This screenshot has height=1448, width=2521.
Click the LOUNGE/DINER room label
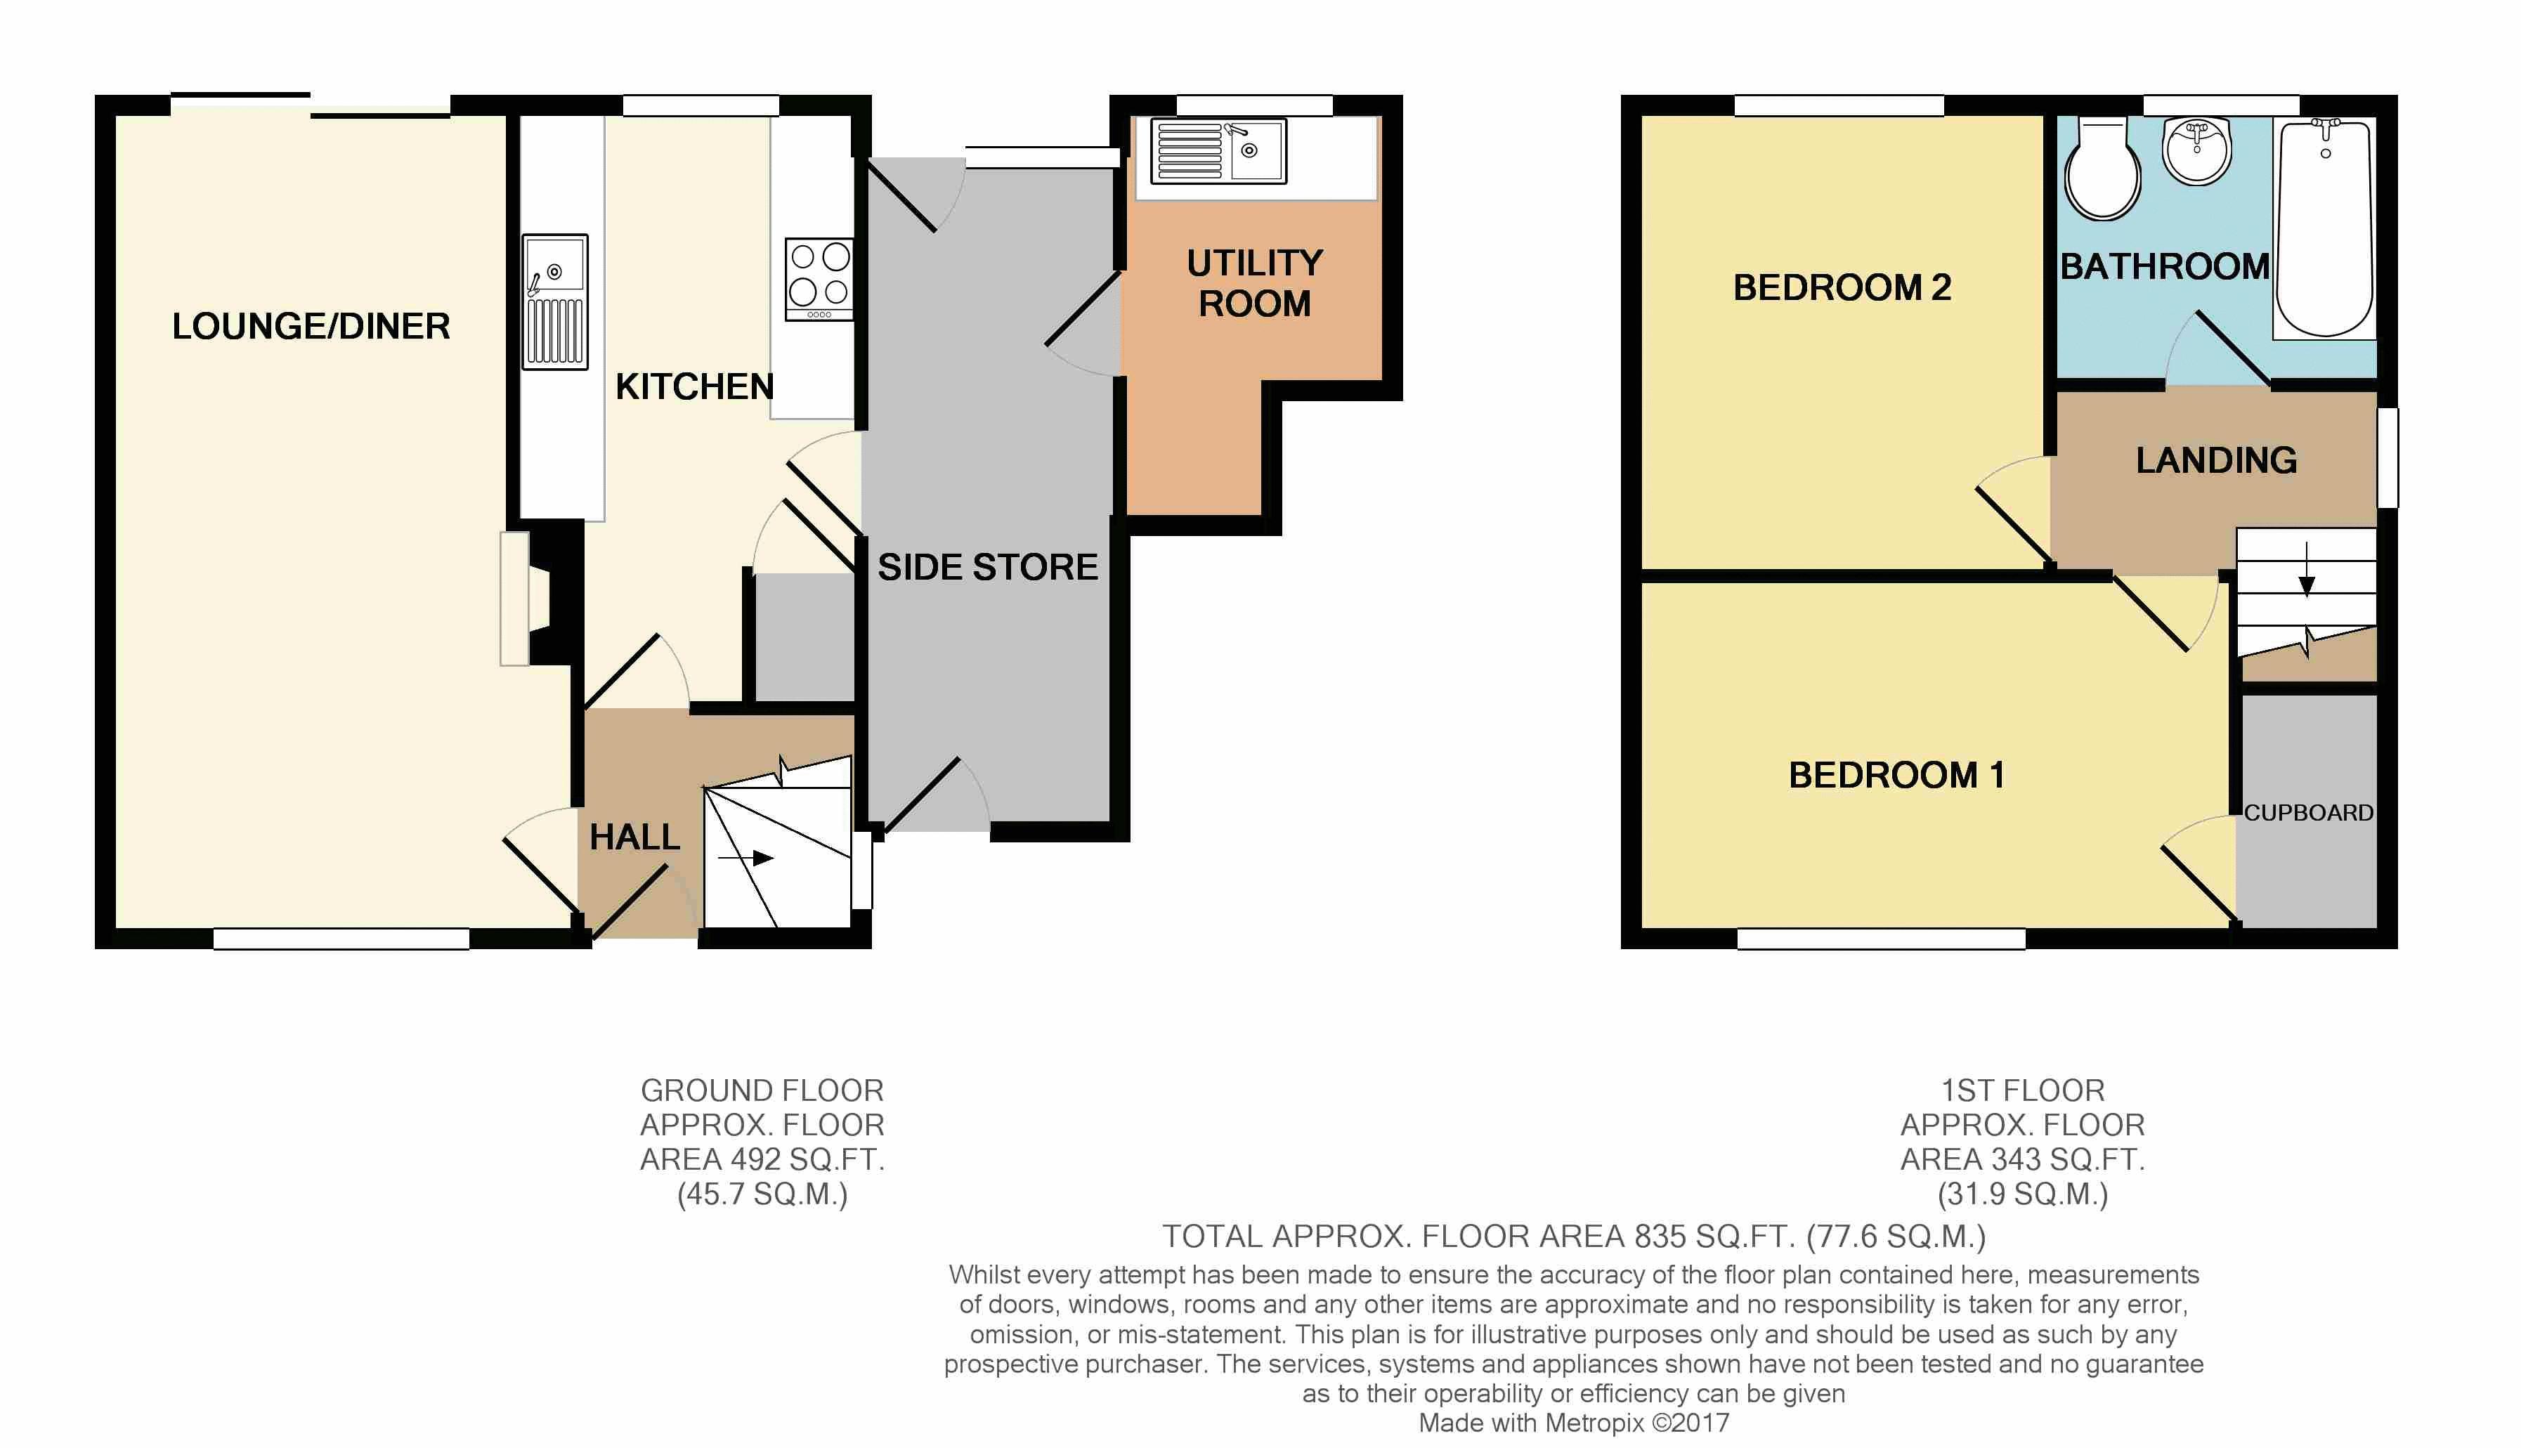pyautogui.click(x=311, y=326)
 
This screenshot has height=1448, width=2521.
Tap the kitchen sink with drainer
pyautogui.click(x=556, y=302)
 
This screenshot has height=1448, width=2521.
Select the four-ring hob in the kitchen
pyautogui.click(x=819, y=280)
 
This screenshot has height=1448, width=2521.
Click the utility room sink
pyautogui.click(x=1218, y=151)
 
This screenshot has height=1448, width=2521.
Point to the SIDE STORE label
pyautogui.click(x=987, y=567)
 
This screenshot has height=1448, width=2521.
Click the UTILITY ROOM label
pyautogui.click(x=1255, y=283)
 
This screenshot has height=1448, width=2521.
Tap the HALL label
pyautogui.click(x=634, y=837)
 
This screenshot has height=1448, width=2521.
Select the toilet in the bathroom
pyautogui.click(x=2102, y=169)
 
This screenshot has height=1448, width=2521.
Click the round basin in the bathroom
pyautogui.click(x=2197, y=151)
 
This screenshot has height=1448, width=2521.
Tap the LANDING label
pyautogui.click(x=2217, y=460)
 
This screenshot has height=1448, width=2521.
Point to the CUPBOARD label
pyautogui.click(x=2308, y=812)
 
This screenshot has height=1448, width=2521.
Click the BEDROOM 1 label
pyautogui.click(x=1896, y=776)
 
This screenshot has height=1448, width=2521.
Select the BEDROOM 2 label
pyautogui.click(x=1842, y=287)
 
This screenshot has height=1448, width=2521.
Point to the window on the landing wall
pyautogui.click(x=2388, y=457)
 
